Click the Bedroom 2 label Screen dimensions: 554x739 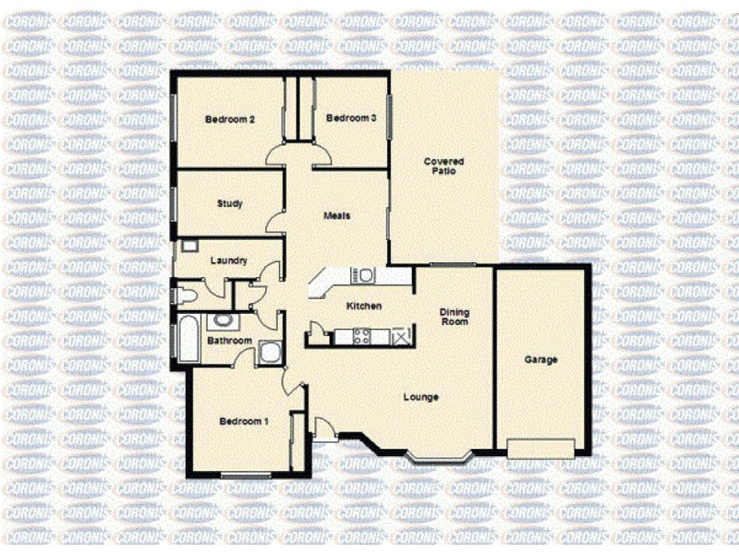click(x=230, y=119)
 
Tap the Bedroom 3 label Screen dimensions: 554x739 click(x=351, y=118)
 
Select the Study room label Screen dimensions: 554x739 click(x=230, y=204)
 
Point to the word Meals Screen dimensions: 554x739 click(x=336, y=216)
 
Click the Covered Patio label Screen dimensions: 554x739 click(x=443, y=166)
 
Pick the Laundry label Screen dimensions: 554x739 click(x=228, y=260)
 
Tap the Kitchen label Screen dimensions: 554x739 click(x=364, y=307)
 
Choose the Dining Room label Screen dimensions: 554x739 click(x=454, y=317)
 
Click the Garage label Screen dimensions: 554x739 click(x=540, y=360)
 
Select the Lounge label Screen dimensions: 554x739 click(x=420, y=398)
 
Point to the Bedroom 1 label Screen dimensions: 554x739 click(x=244, y=422)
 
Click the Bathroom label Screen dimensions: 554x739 click(x=228, y=341)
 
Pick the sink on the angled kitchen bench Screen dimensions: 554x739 click(x=366, y=275)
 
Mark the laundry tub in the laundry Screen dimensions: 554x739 click(x=188, y=247)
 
